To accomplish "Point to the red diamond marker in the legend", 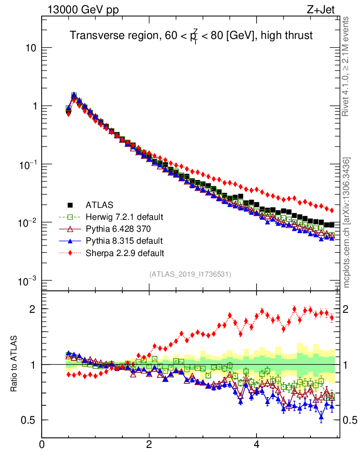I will [70, 252].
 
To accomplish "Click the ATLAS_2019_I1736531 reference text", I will [190, 274].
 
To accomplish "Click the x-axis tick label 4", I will [256, 444].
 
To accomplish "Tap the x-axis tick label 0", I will [42, 444].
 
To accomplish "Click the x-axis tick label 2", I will [149, 444].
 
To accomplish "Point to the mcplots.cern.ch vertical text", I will [347, 222].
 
